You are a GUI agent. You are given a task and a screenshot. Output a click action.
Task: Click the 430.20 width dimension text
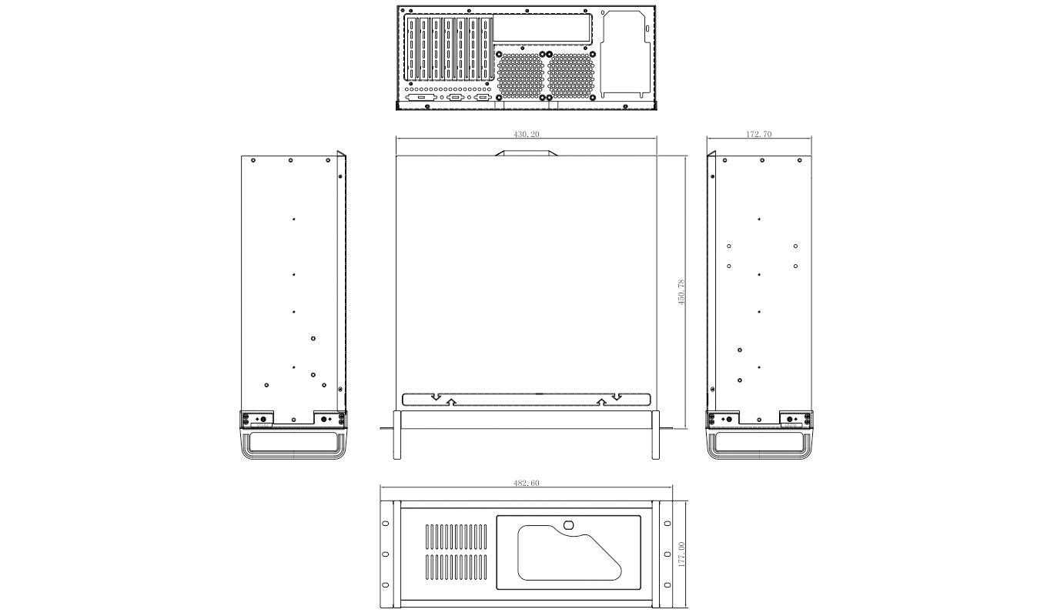[527, 135]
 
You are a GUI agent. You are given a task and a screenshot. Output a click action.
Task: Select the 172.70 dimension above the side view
[759, 135]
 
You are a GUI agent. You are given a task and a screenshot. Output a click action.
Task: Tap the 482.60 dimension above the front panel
[527, 484]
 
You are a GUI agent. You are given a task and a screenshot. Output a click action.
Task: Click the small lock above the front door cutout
[569, 525]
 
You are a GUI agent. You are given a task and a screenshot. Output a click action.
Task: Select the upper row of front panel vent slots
[457, 537]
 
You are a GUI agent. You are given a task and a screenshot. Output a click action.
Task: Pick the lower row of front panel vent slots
[457, 567]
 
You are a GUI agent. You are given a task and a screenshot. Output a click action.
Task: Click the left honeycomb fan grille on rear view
[520, 75]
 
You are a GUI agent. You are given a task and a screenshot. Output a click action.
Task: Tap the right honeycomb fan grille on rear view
[570, 75]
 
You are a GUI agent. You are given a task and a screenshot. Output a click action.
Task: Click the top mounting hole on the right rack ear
[667, 524]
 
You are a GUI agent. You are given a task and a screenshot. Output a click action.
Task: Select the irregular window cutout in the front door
[568, 553]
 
